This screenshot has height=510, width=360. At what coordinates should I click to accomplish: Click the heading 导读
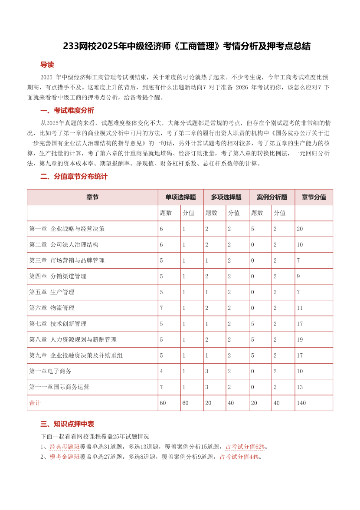point(47,65)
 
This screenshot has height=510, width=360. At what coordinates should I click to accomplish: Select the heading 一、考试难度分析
point(67,111)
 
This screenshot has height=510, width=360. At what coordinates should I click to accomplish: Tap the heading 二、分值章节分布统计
point(73,177)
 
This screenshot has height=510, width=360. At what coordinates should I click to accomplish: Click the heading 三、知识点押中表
point(67,424)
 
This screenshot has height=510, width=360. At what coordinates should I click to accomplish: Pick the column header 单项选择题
point(180,197)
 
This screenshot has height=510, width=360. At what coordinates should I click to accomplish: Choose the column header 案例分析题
point(272,197)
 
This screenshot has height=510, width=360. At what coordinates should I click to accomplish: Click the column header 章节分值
point(314,197)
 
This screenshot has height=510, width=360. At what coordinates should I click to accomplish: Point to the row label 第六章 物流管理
point(52,308)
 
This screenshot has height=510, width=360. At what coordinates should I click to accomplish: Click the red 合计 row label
point(35,403)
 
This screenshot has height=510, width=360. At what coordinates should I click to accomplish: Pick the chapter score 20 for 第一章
point(300,229)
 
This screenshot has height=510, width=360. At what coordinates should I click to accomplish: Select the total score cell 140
point(301,403)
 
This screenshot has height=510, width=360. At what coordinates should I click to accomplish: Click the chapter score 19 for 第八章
point(300,339)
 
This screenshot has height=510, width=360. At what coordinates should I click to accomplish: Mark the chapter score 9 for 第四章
point(298,276)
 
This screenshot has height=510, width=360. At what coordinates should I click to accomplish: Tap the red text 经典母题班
point(65,447)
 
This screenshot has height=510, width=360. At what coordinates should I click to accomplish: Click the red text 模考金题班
point(65,457)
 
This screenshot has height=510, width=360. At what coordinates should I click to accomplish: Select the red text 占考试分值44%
point(239,457)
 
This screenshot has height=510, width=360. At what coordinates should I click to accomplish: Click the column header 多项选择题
point(226,197)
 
